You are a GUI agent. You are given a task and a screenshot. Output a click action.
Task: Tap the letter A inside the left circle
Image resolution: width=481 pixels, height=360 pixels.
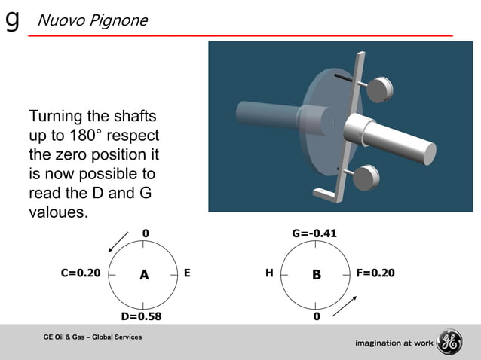pyautogui.click(x=143, y=276)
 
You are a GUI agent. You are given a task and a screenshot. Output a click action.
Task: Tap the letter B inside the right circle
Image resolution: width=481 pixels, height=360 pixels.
pyautogui.click(x=317, y=276)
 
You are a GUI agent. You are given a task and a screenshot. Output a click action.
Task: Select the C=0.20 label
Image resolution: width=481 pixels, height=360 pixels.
pyautogui.click(x=80, y=273)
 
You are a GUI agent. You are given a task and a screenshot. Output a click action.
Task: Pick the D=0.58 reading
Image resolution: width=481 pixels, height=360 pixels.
pyautogui.click(x=141, y=316)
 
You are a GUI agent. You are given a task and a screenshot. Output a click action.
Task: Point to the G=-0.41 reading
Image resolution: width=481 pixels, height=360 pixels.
pyautogui.click(x=314, y=233)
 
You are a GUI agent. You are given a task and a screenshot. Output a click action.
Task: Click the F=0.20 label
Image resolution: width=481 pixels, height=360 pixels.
pyautogui.click(x=375, y=273)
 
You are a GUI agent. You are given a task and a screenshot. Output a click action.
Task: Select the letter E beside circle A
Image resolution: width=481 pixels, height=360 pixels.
pyautogui.click(x=186, y=273)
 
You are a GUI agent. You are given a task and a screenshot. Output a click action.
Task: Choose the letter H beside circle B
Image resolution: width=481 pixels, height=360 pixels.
pyautogui.click(x=269, y=273)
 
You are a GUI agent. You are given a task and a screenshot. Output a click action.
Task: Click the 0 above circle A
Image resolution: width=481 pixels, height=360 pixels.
pyautogui.click(x=146, y=233)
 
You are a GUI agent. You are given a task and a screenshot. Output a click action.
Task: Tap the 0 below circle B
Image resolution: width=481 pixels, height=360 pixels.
pyautogui.click(x=317, y=316)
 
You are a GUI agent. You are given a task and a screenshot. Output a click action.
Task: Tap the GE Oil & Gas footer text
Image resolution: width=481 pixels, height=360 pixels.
pyautogui.click(x=93, y=335)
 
